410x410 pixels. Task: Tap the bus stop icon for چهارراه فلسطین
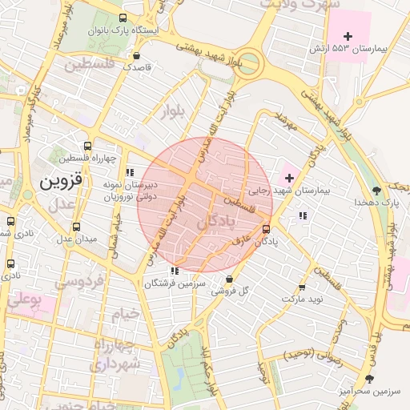tap(87, 147)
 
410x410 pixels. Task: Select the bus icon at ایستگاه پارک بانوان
tap(121, 18)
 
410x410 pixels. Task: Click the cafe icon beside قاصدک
tap(137, 56)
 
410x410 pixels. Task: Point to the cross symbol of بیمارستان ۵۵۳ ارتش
tap(348, 36)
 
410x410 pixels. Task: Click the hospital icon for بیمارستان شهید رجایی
tap(288, 177)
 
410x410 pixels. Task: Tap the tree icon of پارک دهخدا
tap(376, 191)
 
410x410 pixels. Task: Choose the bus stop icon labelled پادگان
tap(266, 229)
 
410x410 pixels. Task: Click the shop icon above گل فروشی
tap(230, 279)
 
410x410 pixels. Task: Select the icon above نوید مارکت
tap(302, 287)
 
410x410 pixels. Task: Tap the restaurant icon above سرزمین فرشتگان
tap(175, 271)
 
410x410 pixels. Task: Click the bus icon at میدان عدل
tap(76, 227)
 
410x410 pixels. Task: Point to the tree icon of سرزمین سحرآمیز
tap(369, 378)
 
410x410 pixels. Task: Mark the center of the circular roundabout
tap(249, 61)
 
